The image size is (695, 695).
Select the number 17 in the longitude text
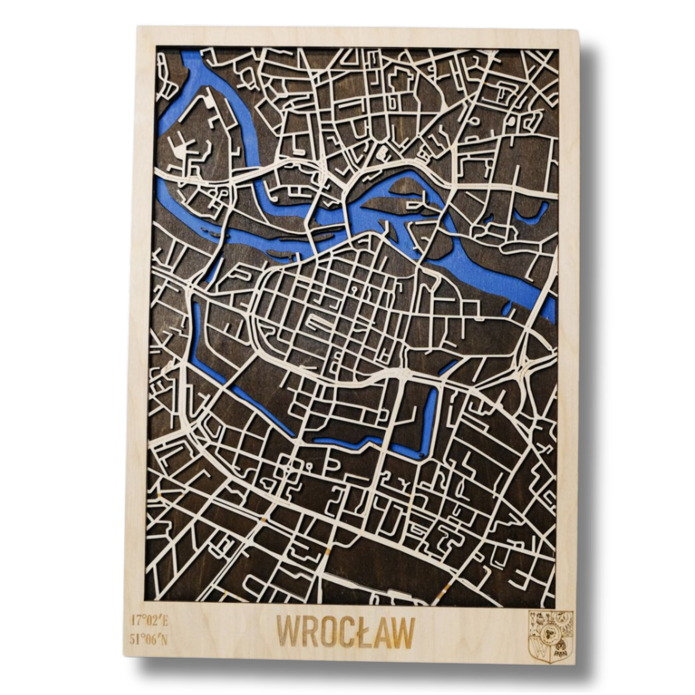pyautogui.click(x=136, y=619)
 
